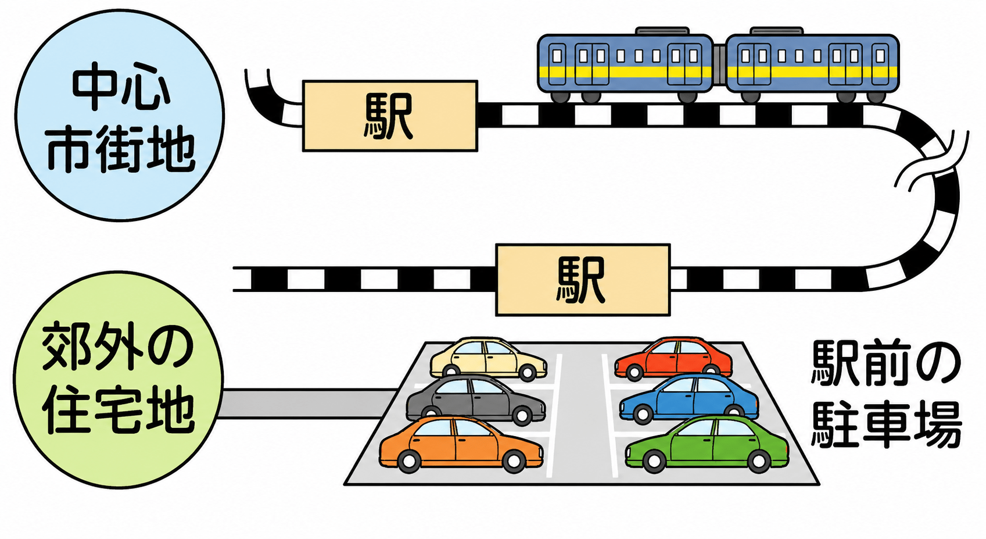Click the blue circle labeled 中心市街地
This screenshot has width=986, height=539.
coord(120,115)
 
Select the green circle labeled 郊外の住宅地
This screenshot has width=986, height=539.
coord(119,380)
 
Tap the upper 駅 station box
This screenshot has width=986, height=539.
coord(390,116)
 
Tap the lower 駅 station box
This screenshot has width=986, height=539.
coord(583,280)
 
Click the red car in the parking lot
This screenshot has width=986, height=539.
coord(673,358)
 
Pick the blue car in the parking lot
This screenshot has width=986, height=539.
coord(689,398)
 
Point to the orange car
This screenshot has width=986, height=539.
coord(461,444)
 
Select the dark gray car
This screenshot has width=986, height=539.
coord(475,400)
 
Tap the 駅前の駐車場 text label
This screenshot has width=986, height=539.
coord(885,395)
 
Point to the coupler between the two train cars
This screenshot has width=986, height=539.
coord(719,65)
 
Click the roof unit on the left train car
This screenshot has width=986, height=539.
coord(662,31)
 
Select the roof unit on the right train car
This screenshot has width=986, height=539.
coord(776,31)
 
